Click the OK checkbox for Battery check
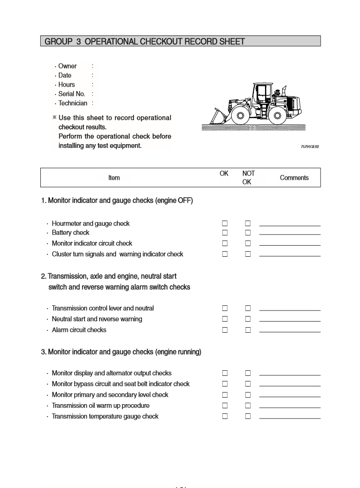point(225,233)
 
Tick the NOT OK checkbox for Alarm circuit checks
point(248,330)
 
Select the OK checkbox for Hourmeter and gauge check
point(225,223)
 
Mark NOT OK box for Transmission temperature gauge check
point(248,416)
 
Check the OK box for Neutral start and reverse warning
point(225,319)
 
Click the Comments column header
point(294,177)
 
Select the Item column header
point(114,177)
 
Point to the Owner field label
point(67,66)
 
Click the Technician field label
point(72,103)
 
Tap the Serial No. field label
point(71,94)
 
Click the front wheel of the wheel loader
point(240,115)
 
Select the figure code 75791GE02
point(309,147)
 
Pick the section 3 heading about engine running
point(121,352)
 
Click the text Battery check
point(70,233)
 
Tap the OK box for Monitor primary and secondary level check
point(225,395)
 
